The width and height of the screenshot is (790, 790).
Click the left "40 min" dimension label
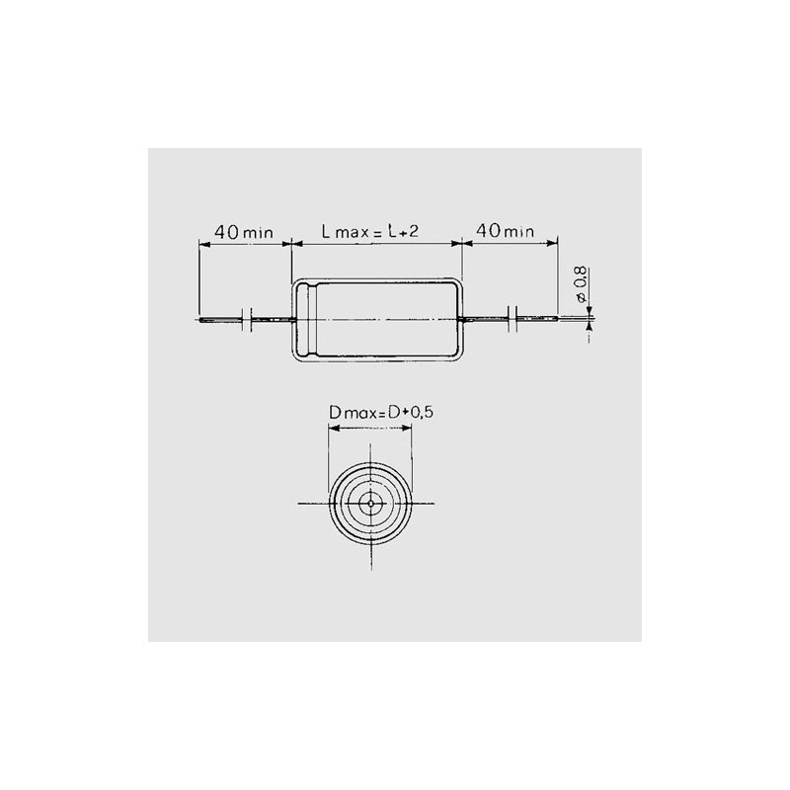point(244,232)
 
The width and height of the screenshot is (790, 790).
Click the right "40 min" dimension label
point(505,231)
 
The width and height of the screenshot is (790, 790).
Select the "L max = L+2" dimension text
point(370,231)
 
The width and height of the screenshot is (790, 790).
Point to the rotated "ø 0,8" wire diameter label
point(580,284)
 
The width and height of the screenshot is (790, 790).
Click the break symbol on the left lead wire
point(246,319)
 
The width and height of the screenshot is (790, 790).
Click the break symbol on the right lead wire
point(513,318)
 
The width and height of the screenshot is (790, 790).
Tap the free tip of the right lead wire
point(557,318)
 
